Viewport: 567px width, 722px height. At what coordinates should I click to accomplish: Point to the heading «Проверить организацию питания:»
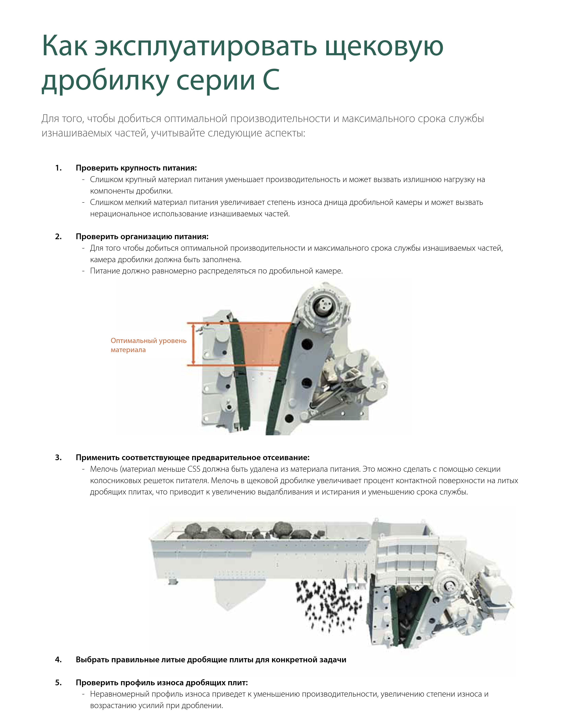pos(142,237)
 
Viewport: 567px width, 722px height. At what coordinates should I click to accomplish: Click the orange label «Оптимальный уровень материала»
pos(148,345)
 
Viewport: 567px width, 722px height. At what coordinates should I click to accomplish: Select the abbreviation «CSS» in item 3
pos(194,469)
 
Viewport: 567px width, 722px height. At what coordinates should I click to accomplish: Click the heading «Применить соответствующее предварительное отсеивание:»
pos(193,458)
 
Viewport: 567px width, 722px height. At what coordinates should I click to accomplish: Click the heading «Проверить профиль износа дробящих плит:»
pos(162,683)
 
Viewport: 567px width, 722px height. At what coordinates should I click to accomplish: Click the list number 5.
pos(58,683)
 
